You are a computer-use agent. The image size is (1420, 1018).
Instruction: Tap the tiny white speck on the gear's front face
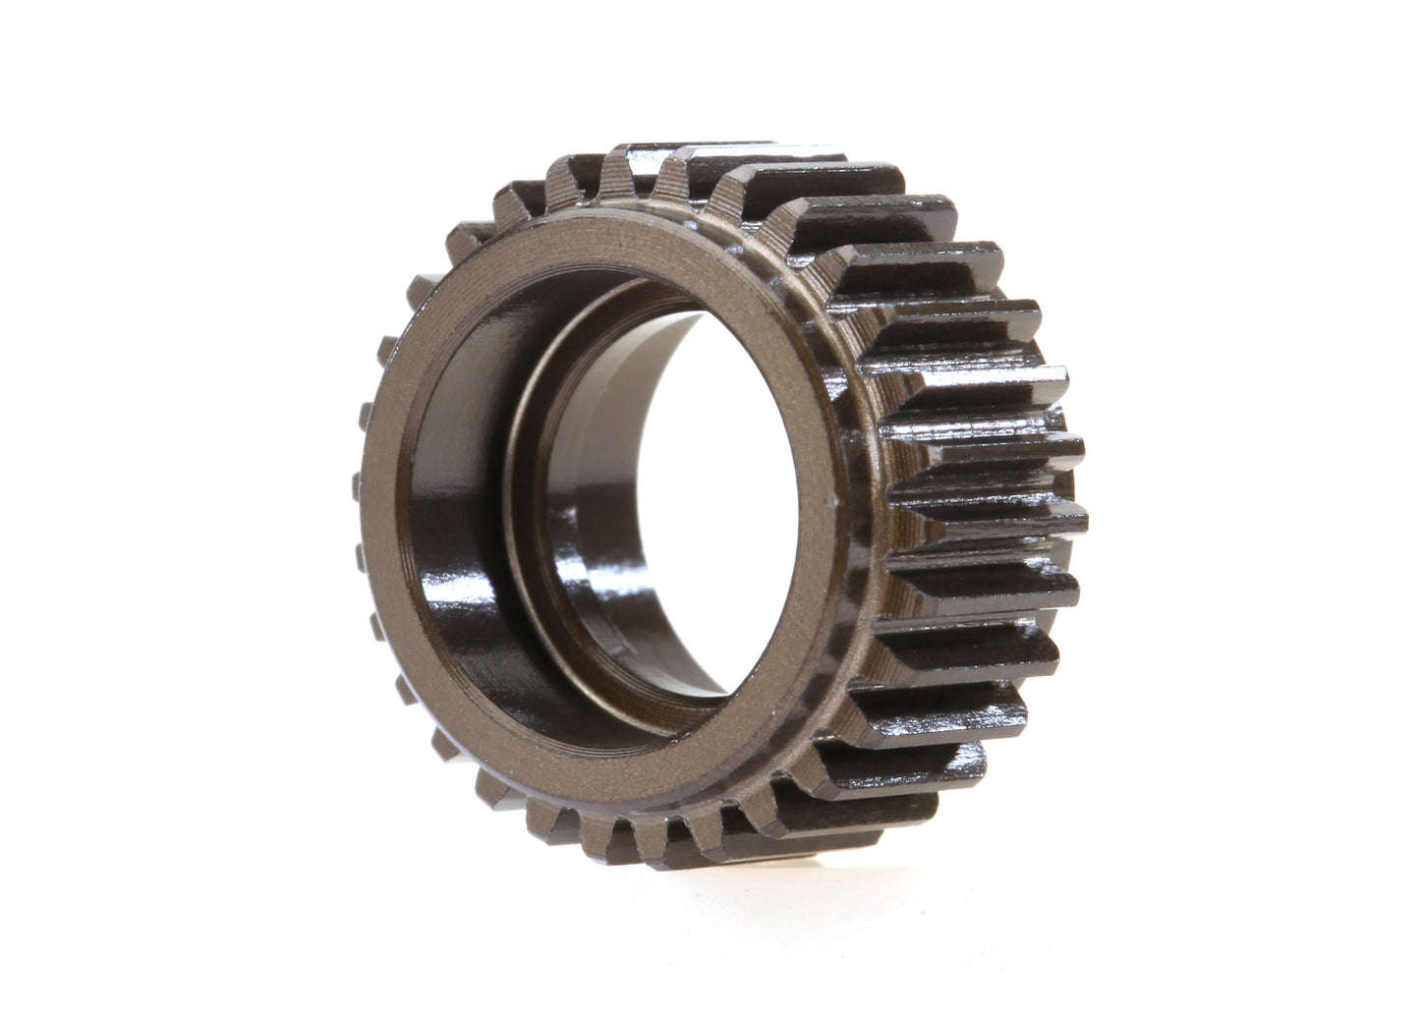[x=835, y=502]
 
